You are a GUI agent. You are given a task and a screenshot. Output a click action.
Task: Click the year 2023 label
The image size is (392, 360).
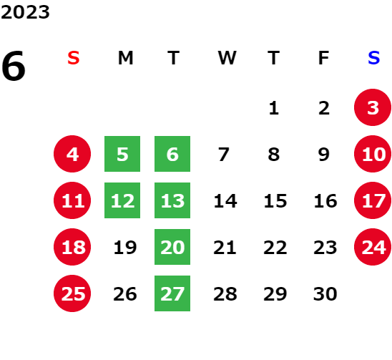(x=25, y=12)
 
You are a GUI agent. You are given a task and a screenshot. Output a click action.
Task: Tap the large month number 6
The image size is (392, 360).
(x=14, y=66)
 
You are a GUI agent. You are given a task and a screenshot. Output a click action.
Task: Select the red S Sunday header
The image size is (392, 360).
(x=74, y=58)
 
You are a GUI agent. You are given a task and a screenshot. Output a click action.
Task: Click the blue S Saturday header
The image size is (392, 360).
(x=373, y=58)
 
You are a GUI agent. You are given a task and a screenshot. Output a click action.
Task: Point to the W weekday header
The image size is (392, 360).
(x=227, y=58)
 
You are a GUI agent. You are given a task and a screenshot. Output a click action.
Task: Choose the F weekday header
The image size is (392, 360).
(x=324, y=58)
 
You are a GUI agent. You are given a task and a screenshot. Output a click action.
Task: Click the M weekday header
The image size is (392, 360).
(x=125, y=58)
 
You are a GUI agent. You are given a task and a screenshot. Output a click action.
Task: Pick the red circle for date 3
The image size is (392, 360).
(x=373, y=107)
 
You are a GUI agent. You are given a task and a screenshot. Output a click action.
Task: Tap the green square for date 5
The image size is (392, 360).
(x=122, y=154)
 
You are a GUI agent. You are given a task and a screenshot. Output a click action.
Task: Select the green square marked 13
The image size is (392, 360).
(x=172, y=200)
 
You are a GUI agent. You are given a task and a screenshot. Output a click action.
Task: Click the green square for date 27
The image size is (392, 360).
(x=172, y=293)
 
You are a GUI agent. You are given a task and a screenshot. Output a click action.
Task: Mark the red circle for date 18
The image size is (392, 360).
(x=72, y=247)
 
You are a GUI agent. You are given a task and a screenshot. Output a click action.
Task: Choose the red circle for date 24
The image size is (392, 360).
(x=373, y=247)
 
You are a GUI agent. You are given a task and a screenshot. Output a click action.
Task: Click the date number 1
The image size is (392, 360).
(x=274, y=108)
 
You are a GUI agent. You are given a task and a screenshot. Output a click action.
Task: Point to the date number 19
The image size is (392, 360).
(x=125, y=248)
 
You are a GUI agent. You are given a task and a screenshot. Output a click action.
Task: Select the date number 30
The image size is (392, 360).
(x=325, y=294)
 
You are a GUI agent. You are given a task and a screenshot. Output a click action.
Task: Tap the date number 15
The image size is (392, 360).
(x=275, y=201)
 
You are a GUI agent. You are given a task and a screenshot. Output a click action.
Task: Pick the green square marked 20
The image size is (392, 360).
(x=172, y=247)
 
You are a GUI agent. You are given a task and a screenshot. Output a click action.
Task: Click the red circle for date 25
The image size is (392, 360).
(x=72, y=293)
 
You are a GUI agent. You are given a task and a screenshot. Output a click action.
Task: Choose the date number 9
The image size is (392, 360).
(x=324, y=155)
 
